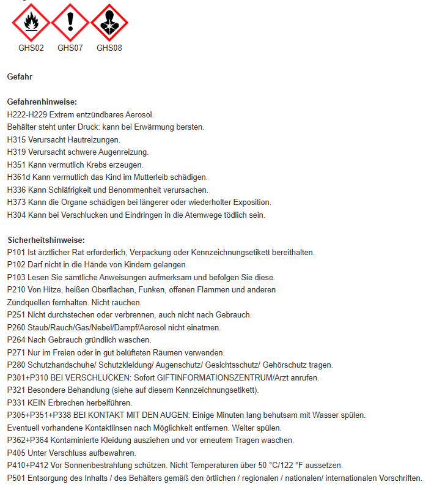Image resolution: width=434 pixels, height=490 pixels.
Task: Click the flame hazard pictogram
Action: [31, 23]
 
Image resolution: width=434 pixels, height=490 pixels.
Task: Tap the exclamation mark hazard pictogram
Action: [70, 23]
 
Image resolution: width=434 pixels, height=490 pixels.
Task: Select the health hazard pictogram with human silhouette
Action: [109, 23]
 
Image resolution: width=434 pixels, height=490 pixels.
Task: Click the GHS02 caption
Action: [31, 48]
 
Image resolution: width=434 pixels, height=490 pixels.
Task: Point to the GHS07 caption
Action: [70, 48]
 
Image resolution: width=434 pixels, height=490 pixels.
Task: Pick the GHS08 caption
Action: [109, 48]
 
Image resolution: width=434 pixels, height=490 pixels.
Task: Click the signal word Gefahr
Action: [20, 77]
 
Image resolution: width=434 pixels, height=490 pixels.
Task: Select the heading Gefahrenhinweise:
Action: [42, 102]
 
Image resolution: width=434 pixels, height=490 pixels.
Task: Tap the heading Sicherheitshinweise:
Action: [46, 240]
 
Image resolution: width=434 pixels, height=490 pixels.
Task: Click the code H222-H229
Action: [27, 114]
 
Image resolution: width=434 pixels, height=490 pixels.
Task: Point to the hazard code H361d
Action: [18, 177]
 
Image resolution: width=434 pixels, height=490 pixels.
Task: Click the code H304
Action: [17, 215]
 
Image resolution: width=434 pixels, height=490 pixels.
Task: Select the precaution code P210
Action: [17, 290]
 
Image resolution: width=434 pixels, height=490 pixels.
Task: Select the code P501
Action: [17, 478]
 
